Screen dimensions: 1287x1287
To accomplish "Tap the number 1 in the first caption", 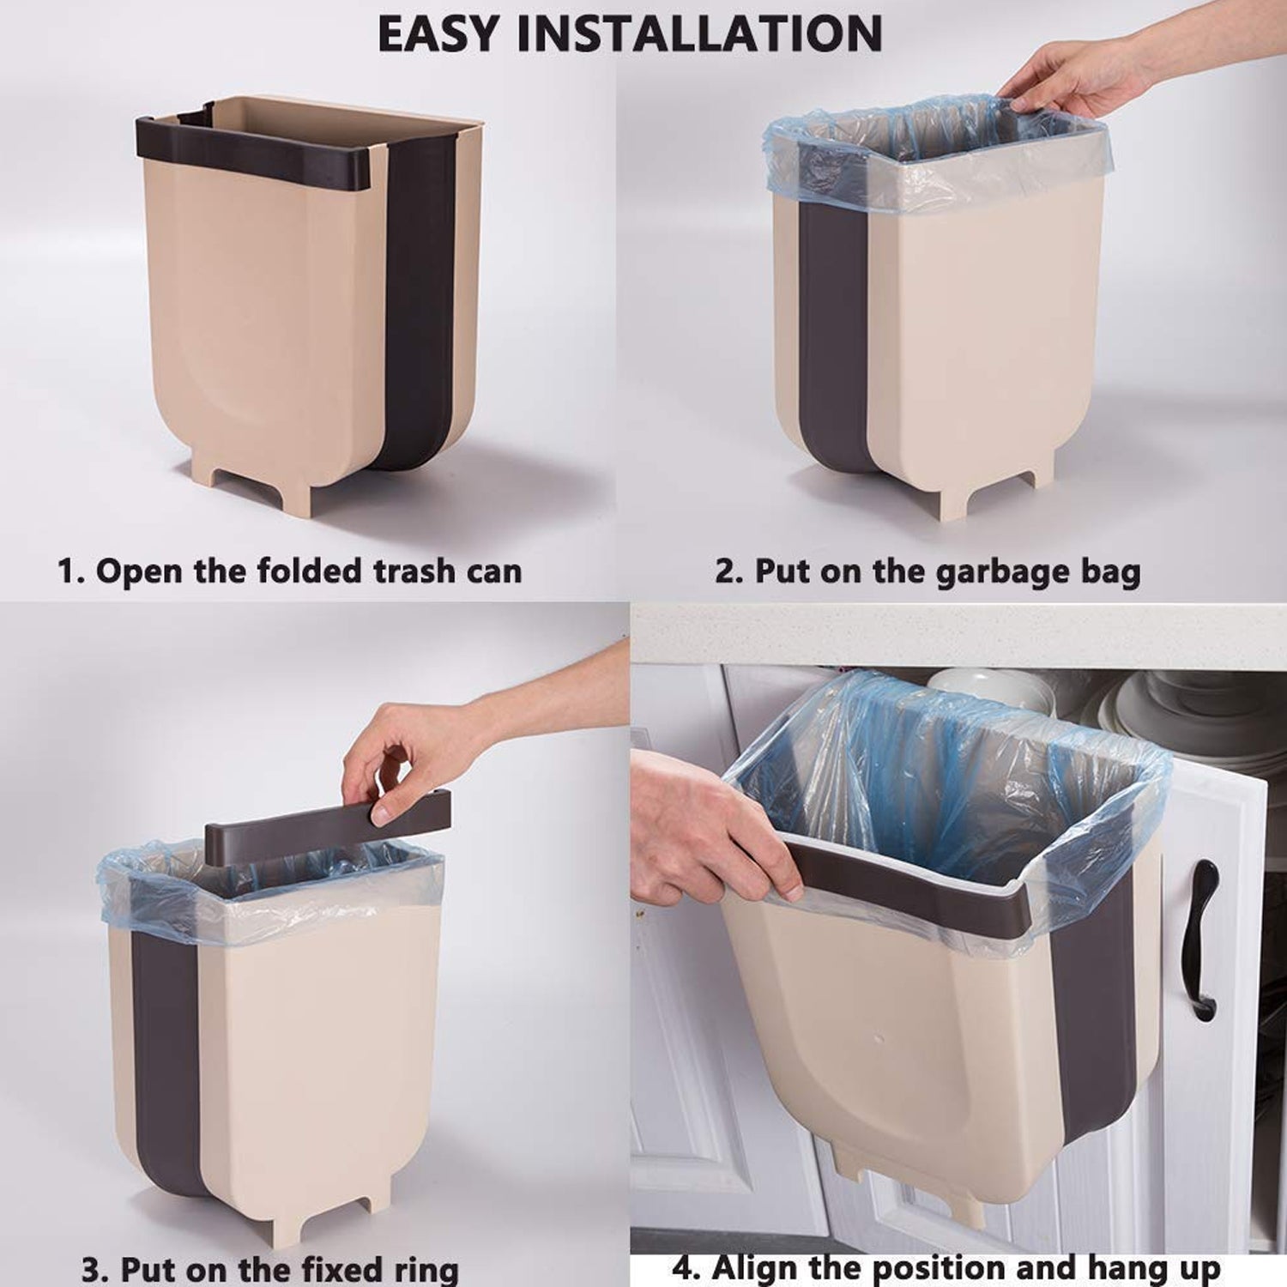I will [67, 571].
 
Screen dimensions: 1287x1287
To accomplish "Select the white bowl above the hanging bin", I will [987, 686].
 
